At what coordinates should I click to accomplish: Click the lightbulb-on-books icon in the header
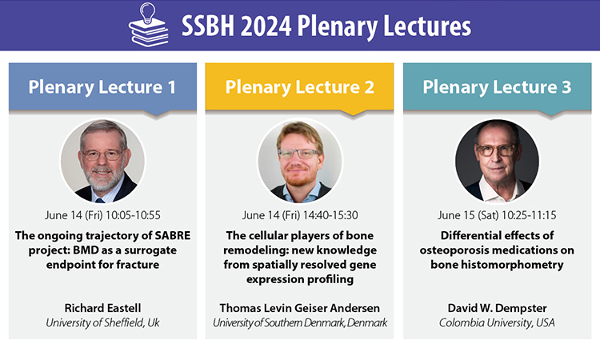pyautogui.click(x=149, y=25)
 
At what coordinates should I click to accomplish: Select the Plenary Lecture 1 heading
pyautogui.click(x=102, y=87)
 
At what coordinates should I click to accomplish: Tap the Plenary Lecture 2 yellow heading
pyautogui.click(x=300, y=87)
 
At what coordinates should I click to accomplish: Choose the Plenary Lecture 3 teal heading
pyautogui.click(x=497, y=87)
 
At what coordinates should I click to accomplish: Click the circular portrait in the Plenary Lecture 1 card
pyautogui.click(x=102, y=161)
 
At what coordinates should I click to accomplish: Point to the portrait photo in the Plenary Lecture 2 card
pyautogui.click(x=300, y=161)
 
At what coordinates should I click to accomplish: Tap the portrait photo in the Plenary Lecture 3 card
pyautogui.click(x=497, y=161)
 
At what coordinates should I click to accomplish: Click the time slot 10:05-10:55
pyautogui.click(x=133, y=215)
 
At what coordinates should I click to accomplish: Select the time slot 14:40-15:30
pyautogui.click(x=330, y=215)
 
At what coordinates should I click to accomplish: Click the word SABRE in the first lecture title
pyautogui.click(x=172, y=235)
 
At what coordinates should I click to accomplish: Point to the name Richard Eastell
pyautogui.click(x=102, y=308)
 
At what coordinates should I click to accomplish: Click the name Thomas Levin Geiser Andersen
pyautogui.click(x=300, y=308)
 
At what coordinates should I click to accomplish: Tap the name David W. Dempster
pyautogui.click(x=497, y=308)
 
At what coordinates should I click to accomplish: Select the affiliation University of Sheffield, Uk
pyautogui.click(x=102, y=323)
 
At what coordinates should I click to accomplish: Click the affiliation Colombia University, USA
pyautogui.click(x=497, y=323)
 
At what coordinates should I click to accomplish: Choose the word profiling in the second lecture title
pyautogui.click(x=330, y=279)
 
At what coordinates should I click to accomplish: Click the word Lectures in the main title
pyautogui.click(x=427, y=26)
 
